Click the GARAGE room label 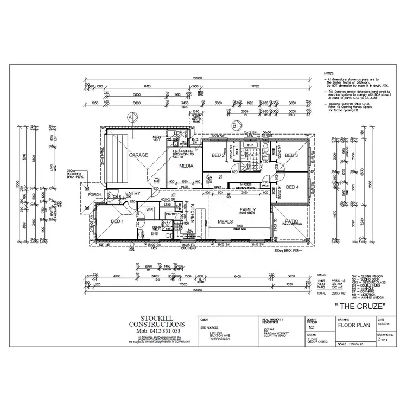point(138,155)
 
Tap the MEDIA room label point(187,166)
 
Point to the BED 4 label point(292,187)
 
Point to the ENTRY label point(133,194)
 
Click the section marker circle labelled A point(130,116)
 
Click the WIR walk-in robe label point(148,208)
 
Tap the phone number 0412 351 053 point(157,330)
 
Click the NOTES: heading point(328,72)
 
